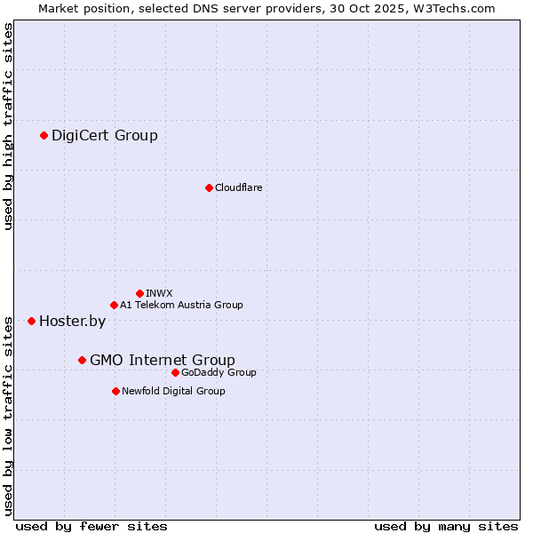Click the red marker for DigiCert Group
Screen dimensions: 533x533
point(44,135)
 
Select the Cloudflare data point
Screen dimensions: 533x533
point(209,187)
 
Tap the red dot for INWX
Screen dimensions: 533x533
point(139,293)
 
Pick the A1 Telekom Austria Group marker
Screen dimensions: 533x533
point(114,306)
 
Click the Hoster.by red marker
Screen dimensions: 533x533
point(31,321)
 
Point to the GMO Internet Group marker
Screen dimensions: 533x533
point(82,360)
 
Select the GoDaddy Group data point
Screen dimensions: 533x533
point(175,372)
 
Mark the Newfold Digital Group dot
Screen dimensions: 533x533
point(115,391)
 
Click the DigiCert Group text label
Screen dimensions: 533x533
point(105,135)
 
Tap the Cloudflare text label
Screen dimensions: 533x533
point(238,187)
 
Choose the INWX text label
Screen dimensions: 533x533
point(159,293)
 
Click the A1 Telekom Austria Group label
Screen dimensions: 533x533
point(181,306)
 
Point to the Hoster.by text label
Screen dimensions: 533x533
point(72,321)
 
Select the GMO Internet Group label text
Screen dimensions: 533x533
point(163,360)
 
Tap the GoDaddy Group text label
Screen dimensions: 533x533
point(219,372)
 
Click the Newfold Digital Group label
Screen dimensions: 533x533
point(173,391)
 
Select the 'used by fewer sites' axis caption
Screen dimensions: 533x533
point(91,526)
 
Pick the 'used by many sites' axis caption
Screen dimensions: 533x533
point(446,526)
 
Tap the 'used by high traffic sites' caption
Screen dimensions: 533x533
point(9,126)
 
